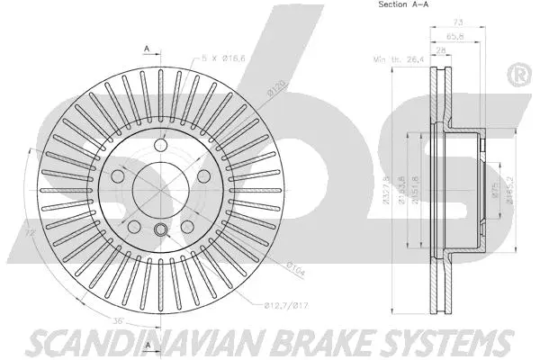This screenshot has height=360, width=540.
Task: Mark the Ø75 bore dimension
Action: click(x=495, y=188)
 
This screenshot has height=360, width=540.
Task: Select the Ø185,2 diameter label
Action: click(x=509, y=188)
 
